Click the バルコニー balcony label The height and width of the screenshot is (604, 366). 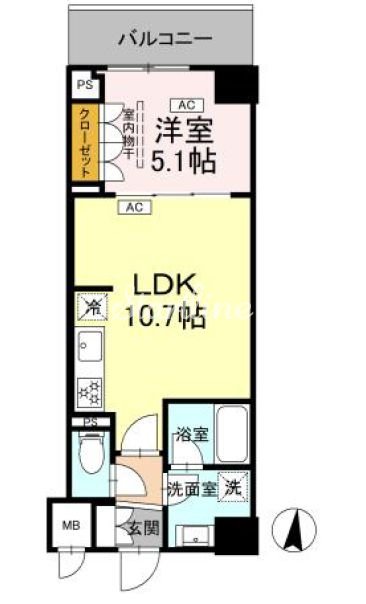coord(164,40)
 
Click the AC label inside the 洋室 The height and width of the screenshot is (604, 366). coord(185,103)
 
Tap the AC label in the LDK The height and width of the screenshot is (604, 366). coord(132,208)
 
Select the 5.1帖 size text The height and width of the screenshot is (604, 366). coord(186,159)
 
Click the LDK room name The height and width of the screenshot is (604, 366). coord(165,284)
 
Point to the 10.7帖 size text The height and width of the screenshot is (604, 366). coord(165,319)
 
